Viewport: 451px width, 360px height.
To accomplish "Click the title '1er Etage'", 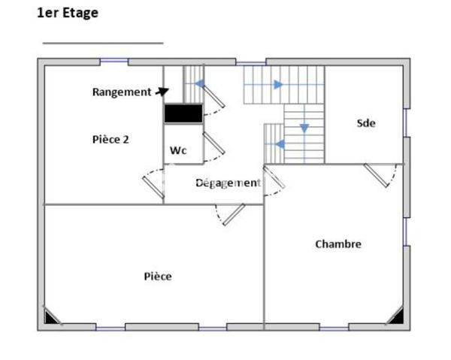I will [x=68, y=13].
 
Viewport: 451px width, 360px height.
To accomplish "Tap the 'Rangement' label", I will [x=122, y=92].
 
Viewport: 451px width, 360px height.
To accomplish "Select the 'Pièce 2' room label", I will [x=110, y=139].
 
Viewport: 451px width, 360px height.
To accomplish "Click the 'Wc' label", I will [x=177, y=150].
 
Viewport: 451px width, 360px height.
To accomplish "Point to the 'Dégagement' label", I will [x=228, y=183].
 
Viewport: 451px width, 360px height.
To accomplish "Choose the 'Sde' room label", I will [x=366, y=123].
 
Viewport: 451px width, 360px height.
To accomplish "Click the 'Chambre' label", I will [x=337, y=244].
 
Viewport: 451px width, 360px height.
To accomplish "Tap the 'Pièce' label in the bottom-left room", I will [x=158, y=277].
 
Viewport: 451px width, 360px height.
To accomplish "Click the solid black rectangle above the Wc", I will [x=183, y=113].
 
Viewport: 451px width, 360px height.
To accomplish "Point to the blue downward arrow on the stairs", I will [x=304, y=129].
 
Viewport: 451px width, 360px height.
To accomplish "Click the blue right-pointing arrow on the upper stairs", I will [x=278, y=84].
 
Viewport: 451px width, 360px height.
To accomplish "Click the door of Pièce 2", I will [x=154, y=184].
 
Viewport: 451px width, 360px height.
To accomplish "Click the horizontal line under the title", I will [x=102, y=43].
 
